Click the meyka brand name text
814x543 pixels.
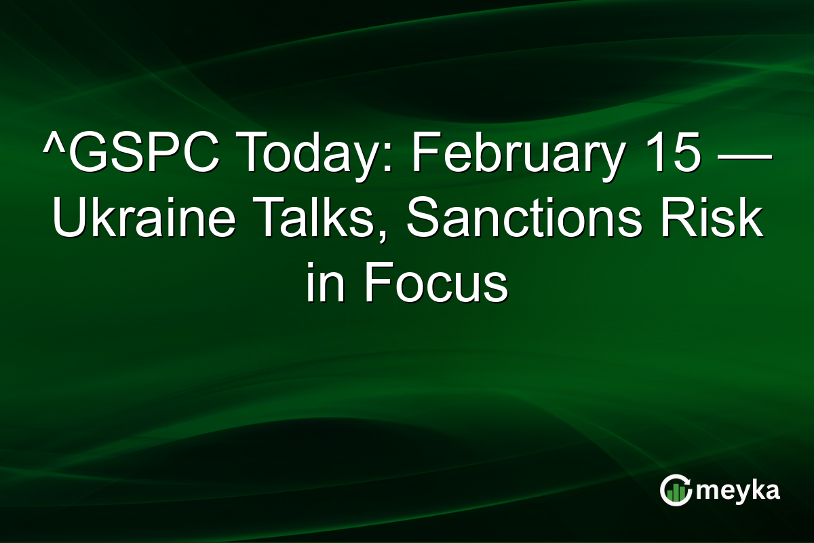[739, 490]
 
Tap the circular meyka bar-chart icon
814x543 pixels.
[676, 490]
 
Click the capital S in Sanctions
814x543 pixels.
[420, 221]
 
